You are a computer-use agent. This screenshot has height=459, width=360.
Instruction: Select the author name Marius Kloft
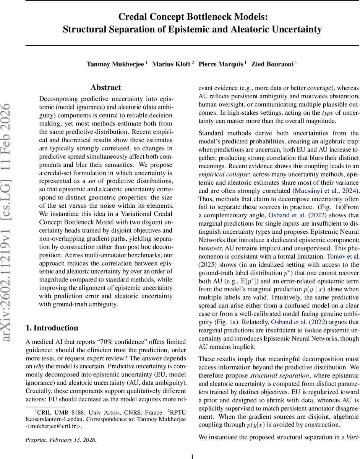coord(171,64)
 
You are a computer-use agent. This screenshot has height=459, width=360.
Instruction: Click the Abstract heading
coord(105,88)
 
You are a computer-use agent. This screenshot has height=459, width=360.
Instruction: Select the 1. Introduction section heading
coord(52,328)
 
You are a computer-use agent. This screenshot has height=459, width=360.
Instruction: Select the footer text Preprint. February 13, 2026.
coord(61,440)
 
